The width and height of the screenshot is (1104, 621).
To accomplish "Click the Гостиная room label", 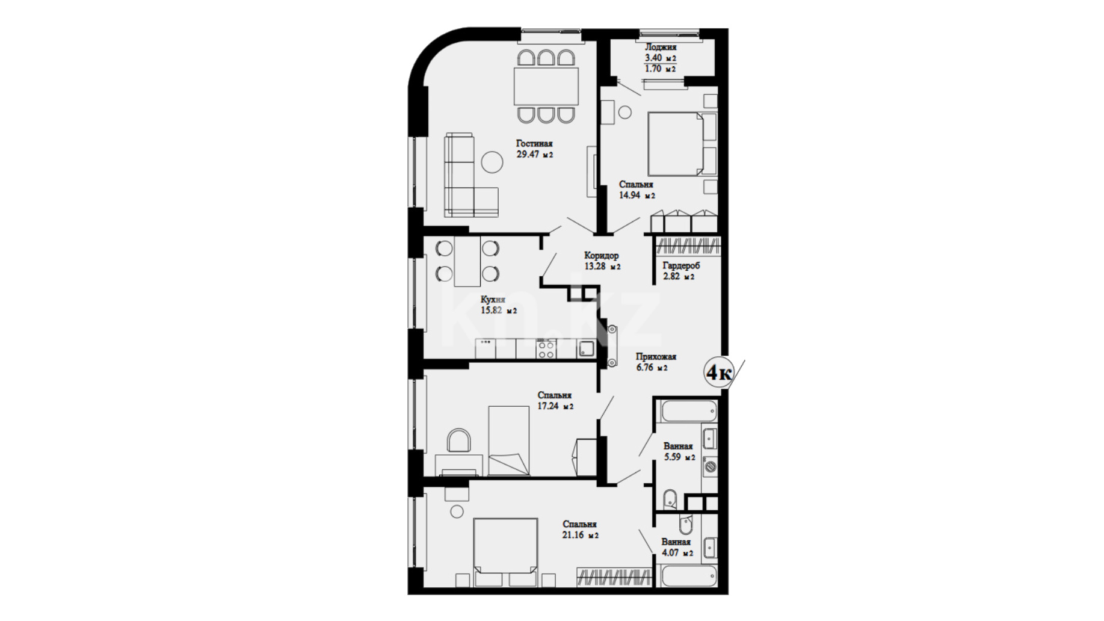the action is [534, 143].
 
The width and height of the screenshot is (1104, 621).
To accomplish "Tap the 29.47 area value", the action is [527, 154].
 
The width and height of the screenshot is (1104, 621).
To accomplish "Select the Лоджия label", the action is [661, 47].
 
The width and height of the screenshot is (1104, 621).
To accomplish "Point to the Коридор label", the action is [601, 255].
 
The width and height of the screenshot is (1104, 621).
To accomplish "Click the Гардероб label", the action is [681, 265].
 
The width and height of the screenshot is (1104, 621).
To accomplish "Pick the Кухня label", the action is [493, 299].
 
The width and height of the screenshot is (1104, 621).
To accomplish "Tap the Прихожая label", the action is [656, 356].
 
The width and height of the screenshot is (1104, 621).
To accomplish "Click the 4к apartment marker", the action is [719, 372].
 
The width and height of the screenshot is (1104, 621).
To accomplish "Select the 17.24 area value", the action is [548, 406].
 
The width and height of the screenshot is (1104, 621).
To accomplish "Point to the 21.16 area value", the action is [573, 535].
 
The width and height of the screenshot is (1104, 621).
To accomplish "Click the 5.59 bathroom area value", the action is [673, 457].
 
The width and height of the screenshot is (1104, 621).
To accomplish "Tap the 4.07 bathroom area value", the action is [670, 552].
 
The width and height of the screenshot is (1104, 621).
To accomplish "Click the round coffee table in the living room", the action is [492, 162].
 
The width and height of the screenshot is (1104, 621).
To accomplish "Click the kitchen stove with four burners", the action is [546, 349].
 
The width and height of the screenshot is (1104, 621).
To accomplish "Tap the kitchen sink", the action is [586, 349].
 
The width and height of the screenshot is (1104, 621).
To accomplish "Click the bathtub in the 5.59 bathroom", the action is [689, 412].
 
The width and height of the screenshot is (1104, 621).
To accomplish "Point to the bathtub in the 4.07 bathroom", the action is [689, 576].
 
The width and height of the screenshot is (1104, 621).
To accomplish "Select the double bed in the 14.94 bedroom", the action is [675, 144].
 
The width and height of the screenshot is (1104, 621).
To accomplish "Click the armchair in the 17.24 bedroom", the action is [459, 440].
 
